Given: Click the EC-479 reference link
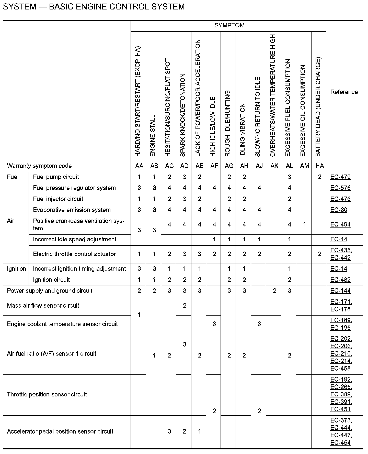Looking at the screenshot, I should click(x=340, y=177).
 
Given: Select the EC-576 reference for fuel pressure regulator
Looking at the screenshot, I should click(x=340, y=188).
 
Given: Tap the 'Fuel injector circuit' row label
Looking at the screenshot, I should click(x=58, y=199).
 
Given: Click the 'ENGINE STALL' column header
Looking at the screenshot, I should click(x=153, y=135).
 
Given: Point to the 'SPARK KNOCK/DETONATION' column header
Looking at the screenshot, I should click(x=183, y=115).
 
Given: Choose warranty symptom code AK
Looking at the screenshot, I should click(x=274, y=166).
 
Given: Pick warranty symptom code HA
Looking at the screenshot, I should click(x=319, y=166).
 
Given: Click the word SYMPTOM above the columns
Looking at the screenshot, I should click(x=229, y=25).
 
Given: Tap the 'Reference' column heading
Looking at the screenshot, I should click(x=344, y=92).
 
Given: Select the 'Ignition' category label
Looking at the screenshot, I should click(x=16, y=269).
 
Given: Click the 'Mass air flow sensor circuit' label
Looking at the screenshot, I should click(x=43, y=305).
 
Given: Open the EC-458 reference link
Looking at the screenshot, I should click(x=340, y=368).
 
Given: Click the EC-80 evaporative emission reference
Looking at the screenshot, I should click(x=339, y=210).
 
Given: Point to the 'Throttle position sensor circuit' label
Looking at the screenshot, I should click(x=47, y=394).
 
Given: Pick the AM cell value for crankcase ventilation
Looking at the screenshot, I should click(x=304, y=224).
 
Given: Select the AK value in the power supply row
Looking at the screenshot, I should click(x=274, y=291).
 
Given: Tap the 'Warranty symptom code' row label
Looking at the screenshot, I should click(x=39, y=166).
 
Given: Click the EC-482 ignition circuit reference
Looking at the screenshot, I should click(x=340, y=280).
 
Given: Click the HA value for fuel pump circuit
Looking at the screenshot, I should click(x=319, y=177).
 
